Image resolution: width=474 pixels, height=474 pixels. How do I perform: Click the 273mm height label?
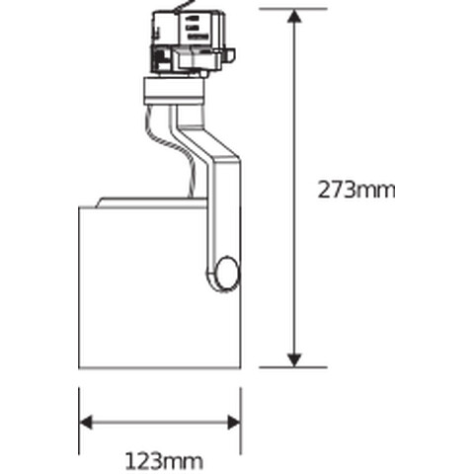[x=355, y=190]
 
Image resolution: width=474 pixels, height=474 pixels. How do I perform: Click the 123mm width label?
[x=163, y=459]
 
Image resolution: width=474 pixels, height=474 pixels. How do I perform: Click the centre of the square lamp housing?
[x=148, y=286]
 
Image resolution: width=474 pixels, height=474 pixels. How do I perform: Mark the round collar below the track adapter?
[x=174, y=93]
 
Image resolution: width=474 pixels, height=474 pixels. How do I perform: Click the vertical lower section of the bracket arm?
[x=222, y=212]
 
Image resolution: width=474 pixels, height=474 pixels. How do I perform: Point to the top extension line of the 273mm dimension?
[x=293, y=9]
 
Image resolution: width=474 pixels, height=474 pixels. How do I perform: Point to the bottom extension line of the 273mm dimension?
[x=293, y=367]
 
